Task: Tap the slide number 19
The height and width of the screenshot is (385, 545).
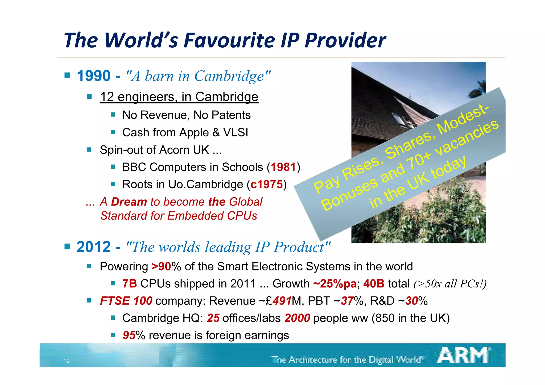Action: (67, 361)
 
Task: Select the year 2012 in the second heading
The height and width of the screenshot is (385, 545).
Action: (93, 247)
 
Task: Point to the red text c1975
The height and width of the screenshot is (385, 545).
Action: (266, 185)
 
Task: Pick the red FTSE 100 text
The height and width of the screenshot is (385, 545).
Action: (126, 301)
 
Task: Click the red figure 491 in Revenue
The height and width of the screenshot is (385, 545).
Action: (282, 301)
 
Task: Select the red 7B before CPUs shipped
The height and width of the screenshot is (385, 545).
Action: (130, 284)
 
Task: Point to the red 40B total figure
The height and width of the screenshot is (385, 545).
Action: (374, 284)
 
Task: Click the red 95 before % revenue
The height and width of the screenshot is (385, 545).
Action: (129, 335)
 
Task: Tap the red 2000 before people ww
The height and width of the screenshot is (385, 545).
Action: (297, 318)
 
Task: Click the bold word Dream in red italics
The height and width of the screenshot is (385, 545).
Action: (129, 202)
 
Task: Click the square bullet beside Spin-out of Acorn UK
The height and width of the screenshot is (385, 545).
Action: (89, 150)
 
